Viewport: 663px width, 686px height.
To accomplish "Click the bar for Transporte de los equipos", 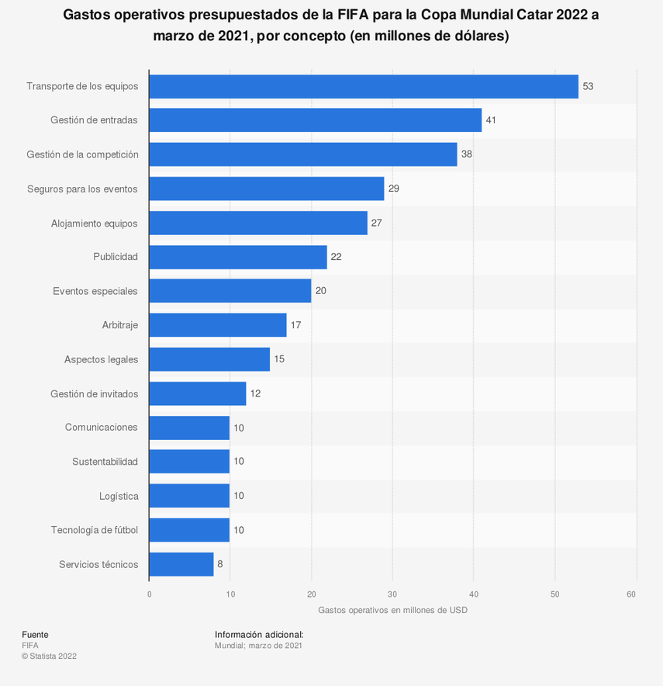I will tap(364, 86).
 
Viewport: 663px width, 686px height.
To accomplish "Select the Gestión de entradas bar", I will tap(316, 120).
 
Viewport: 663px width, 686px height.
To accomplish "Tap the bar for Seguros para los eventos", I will tap(267, 189).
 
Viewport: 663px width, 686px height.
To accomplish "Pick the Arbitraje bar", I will tap(218, 325).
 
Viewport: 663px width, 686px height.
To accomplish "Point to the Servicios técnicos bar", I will tap(181, 564).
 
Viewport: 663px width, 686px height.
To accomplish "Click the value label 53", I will tap(588, 86).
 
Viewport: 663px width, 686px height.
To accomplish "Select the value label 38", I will tap(467, 154).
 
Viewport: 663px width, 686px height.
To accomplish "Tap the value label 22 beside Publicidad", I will tap(336, 257).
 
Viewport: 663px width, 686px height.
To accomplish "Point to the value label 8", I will tap(220, 564).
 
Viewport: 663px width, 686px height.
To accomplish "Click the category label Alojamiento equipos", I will tap(95, 223).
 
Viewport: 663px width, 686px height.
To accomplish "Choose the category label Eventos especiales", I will tap(95, 291).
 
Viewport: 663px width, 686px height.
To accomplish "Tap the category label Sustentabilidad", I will tap(105, 462).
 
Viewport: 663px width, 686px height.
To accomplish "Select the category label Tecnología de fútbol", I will tap(95, 530).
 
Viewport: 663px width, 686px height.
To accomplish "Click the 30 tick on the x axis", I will tap(392, 594).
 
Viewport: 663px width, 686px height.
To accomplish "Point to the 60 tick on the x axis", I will tap(632, 594).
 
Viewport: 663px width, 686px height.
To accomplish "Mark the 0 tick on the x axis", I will tap(150, 594).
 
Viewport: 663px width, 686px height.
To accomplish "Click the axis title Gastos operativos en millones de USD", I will tap(392, 610).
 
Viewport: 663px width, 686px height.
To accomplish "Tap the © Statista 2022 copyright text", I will tap(49, 656).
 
